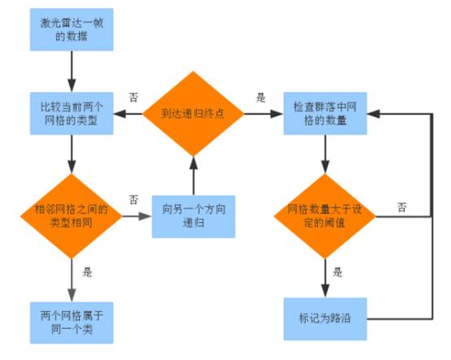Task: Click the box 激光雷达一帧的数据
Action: tap(72, 29)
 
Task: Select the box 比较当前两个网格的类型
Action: tap(72, 113)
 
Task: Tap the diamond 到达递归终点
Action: tap(193, 114)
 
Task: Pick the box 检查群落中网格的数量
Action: tap(325, 113)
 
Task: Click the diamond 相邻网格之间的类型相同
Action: tap(72, 216)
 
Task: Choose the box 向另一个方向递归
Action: tap(194, 217)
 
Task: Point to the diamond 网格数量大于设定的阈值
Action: tap(325, 216)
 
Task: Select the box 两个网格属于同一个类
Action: tap(72, 323)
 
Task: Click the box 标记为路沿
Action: tap(326, 318)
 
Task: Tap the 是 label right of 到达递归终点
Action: tap(261, 98)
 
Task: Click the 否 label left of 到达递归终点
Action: tap(134, 97)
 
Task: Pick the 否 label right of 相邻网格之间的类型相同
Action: tap(134, 200)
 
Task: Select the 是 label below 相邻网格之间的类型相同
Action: tap(87, 272)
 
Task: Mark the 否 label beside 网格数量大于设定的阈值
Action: tap(402, 207)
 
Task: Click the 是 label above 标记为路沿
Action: tap(338, 272)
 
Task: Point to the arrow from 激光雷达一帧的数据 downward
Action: tap(72, 72)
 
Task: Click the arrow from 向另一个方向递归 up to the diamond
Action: tap(194, 176)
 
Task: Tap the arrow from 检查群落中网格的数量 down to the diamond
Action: tap(326, 154)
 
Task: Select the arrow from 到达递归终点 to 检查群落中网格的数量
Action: tap(264, 114)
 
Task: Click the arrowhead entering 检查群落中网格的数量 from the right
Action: tap(374, 114)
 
